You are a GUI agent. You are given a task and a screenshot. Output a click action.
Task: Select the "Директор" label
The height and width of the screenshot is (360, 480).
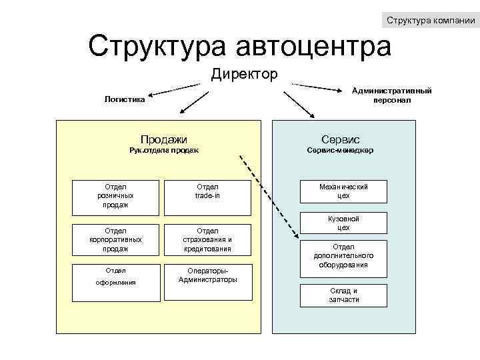pyautogui.click(x=245, y=73)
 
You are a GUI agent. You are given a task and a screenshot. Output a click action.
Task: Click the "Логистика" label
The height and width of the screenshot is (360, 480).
pyautogui.click(x=125, y=99)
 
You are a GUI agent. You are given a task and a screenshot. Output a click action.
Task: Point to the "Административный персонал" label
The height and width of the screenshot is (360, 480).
pyautogui.click(x=392, y=95)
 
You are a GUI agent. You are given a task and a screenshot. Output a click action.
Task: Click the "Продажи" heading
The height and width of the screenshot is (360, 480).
pyautogui.click(x=163, y=139)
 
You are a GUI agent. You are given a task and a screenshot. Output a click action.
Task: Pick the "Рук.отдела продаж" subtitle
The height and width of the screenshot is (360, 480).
pyautogui.click(x=163, y=150)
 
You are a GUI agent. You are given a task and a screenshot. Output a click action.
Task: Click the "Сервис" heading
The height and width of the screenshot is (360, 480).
pyautogui.click(x=340, y=139)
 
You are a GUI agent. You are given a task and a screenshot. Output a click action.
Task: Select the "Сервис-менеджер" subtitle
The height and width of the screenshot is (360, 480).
pyautogui.click(x=340, y=150)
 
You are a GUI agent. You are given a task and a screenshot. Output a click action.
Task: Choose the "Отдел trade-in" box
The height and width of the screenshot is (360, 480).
pyautogui.click(x=207, y=191)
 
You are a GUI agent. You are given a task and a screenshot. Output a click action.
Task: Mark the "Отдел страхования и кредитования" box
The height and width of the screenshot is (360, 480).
pyautogui.click(x=207, y=239)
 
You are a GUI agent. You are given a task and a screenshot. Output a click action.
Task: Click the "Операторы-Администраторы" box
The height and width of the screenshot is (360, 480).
pyautogui.click(x=207, y=275)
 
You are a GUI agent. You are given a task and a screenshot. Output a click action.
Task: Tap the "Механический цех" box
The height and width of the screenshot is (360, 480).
pyautogui.click(x=343, y=191)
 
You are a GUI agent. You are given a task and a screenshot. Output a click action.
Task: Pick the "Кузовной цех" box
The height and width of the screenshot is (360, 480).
pyautogui.click(x=343, y=223)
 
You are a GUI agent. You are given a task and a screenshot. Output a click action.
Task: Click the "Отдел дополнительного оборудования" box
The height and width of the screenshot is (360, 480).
pyautogui.click(x=343, y=255)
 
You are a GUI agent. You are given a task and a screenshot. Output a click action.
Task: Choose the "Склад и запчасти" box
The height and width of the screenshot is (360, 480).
pyautogui.click(x=343, y=295)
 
